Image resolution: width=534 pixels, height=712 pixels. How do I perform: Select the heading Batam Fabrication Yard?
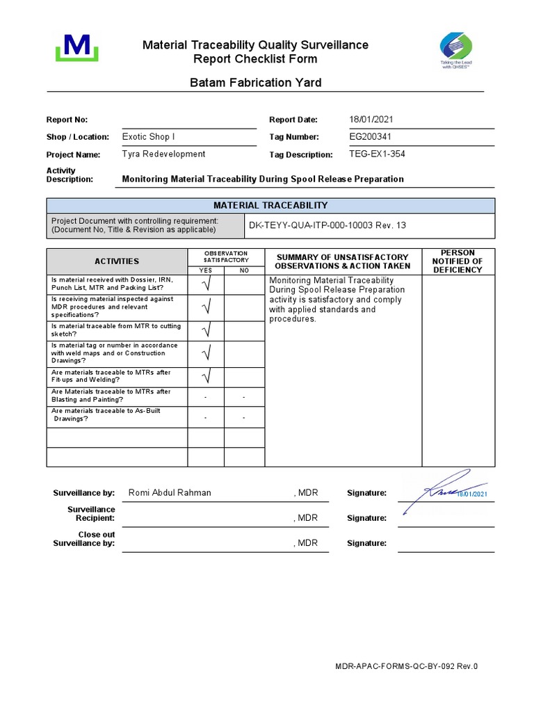tap(256, 83)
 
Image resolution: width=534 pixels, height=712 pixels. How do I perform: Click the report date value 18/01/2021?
tap(375, 120)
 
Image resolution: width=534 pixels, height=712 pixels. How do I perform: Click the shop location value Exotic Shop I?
tap(149, 137)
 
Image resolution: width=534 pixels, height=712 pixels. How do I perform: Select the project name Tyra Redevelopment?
tap(163, 154)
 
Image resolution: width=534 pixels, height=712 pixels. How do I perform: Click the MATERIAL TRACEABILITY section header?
tap(270, 206)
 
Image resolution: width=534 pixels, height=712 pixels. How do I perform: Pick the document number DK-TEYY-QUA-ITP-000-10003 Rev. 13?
tap(323, 226)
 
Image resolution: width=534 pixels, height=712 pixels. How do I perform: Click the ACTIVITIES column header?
tap(117, 261)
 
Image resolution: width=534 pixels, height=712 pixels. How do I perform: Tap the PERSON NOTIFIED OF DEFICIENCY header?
tap(458, 261)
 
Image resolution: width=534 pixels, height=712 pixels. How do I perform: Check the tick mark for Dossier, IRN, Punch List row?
tap(206, 284)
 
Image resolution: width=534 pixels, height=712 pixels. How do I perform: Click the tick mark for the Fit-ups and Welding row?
tap(206, 377)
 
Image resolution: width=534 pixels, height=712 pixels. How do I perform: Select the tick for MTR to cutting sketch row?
tap(206, 330)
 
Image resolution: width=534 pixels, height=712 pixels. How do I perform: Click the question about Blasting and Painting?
tap(111, 396)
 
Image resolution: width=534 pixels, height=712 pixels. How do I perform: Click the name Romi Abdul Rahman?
tap(170, 493)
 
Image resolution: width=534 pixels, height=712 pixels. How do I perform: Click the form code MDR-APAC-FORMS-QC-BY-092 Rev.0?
tap(407, 666)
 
